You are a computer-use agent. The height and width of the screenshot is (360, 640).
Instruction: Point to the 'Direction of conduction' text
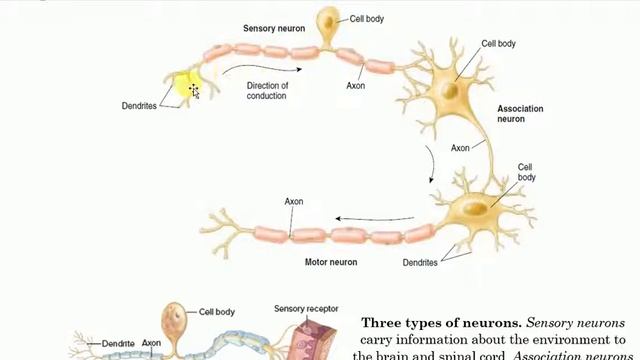pos(267,91)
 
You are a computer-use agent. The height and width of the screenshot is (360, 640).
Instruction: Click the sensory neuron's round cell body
pos(327,23)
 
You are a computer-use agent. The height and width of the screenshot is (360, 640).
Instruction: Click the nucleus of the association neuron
pos(451,89)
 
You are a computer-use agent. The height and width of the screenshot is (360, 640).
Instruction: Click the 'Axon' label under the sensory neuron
pos(355,86)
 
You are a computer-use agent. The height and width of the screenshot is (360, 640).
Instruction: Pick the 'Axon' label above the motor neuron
pos(293,201)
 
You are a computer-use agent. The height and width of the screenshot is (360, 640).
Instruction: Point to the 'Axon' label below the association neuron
pos(459,148)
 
